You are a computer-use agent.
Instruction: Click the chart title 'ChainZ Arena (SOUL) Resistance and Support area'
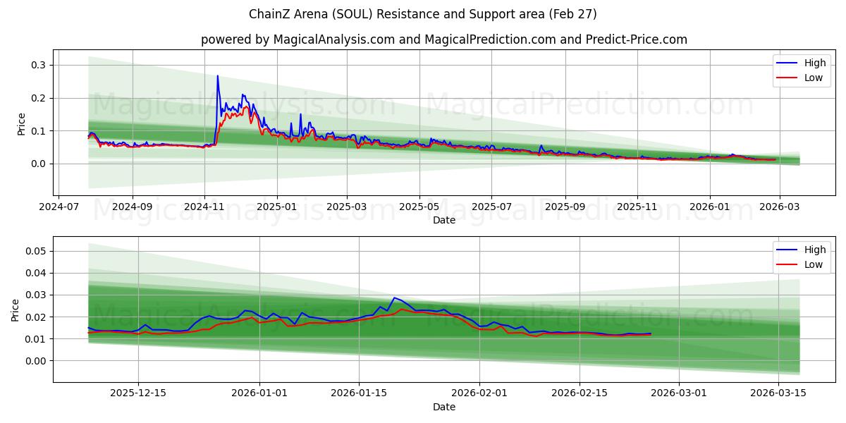coord(423,14)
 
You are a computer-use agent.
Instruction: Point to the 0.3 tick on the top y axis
coord(39,65)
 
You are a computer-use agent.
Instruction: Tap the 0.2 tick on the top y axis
coord(39,98)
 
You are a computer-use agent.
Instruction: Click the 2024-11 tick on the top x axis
coord(204,207)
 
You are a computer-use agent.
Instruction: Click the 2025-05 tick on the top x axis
coord(419,207)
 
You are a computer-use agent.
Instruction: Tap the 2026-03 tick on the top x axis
coord(781,207)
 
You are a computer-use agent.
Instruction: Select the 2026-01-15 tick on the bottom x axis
coord(359,393)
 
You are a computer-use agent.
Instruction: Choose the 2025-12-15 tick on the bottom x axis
coord(138,393)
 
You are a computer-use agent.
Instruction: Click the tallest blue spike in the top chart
coord(217,76)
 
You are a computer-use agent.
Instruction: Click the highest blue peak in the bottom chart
coord(394,298)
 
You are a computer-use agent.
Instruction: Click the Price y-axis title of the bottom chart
coord(16,309)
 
